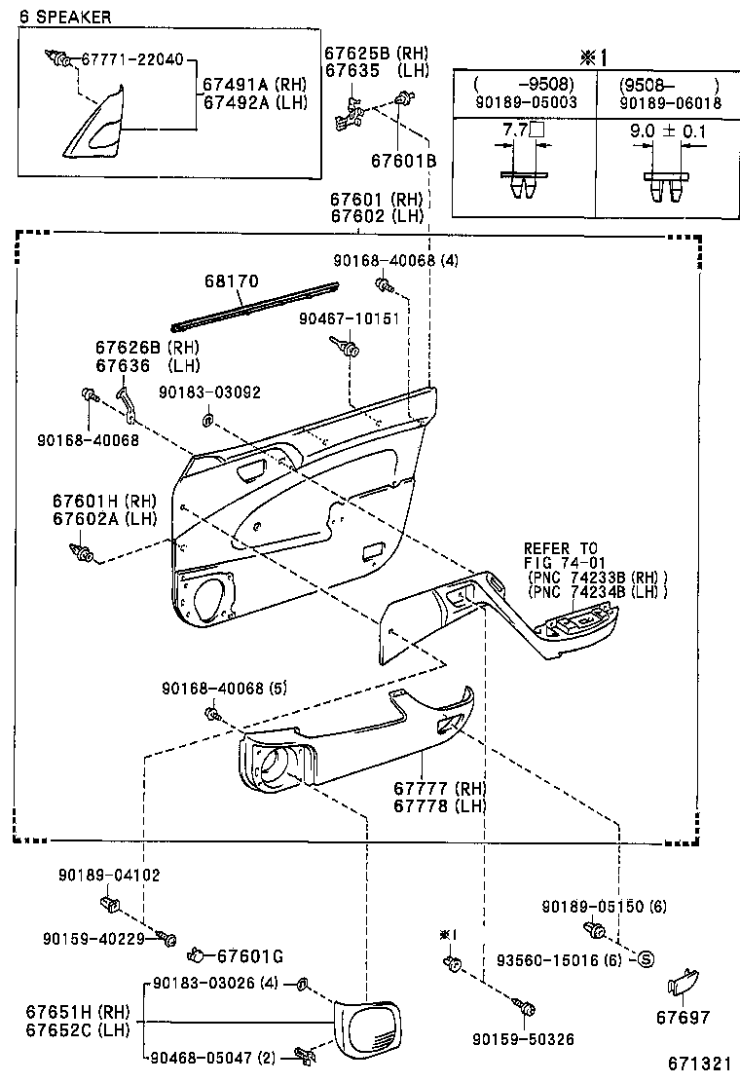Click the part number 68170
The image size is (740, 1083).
pos(231,282)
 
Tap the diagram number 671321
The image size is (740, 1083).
pos(699,1064)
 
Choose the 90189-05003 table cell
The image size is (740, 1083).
pos(523,100)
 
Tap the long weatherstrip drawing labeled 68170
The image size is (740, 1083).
pos(255,305)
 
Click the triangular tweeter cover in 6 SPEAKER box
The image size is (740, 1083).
pos(98,121)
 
